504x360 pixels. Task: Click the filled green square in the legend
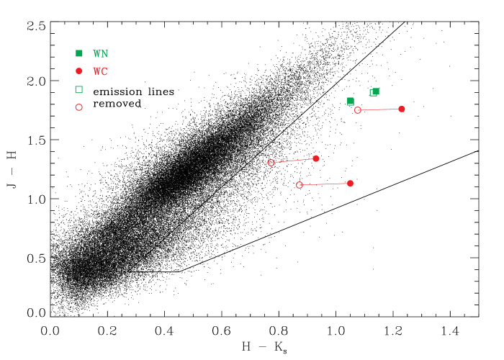(x=79, y=53)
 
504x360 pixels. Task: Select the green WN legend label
(x=100, y=54)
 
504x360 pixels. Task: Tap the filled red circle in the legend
(x=79, y=71)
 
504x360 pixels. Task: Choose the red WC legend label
(x=100, y=71)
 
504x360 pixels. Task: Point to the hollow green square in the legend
(x=79, y=89)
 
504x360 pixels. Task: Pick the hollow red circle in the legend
(x=79, y=107)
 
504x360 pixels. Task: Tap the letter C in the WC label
(x=104, y=71)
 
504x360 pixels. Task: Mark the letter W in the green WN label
(x=96, y=54)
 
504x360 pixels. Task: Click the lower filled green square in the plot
(x=351, y=102)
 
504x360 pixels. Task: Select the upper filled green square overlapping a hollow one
(x=376, y=91)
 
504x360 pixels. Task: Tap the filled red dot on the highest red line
(x=402, y=109)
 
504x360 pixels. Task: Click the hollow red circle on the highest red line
(x=358, y=110)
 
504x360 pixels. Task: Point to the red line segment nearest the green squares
(x=379, y=109)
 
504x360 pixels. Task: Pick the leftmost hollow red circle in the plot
(x=271, y=163)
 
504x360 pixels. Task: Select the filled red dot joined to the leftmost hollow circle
(x=316, y=158)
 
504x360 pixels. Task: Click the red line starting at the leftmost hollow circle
(x=294, y=161)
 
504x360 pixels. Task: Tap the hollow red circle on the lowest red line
(x=300, y=185)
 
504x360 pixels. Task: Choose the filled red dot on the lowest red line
(x=350, y=184)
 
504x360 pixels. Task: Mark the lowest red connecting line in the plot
(x=325, y=184)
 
